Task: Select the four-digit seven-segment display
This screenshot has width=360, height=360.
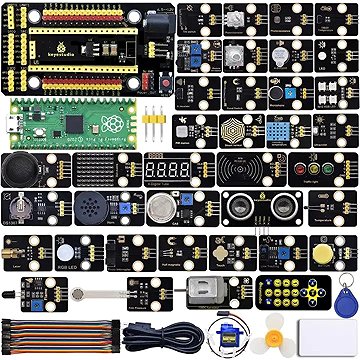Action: coord(165,171)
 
